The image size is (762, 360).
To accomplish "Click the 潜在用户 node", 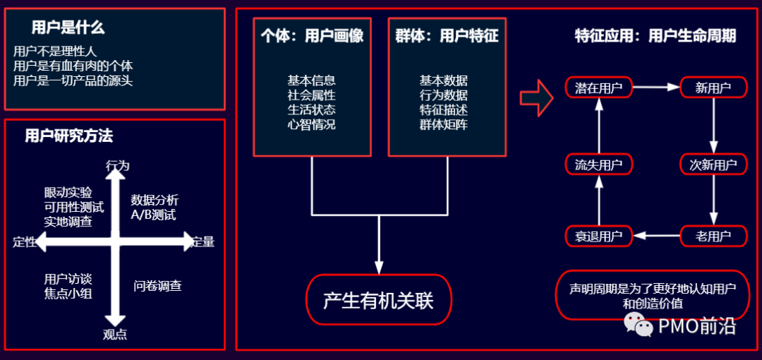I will [598, 88].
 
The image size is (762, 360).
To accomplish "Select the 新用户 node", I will [713, 88].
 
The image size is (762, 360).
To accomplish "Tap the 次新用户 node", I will [713, 165].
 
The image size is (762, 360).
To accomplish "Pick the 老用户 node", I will [713, 236].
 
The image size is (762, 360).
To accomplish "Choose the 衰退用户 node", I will [598, 236].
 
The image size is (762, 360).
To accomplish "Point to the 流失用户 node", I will [598, 165].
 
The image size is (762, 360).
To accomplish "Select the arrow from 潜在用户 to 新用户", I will [655, 88].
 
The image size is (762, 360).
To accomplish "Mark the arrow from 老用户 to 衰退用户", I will [655, 236].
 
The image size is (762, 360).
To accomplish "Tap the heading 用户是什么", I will [68, 28].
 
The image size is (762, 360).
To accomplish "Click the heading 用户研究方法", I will [68, 136].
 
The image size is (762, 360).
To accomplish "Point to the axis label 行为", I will [117, 165].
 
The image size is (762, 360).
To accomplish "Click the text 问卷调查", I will [157, 286].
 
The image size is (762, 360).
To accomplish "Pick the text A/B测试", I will [153, 215].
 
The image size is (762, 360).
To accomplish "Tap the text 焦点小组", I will [68, 293].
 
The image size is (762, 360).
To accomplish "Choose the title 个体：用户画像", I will [312, 35].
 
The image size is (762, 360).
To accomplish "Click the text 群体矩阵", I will [443, 125].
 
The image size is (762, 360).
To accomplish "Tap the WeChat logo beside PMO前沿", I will [639, 325].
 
